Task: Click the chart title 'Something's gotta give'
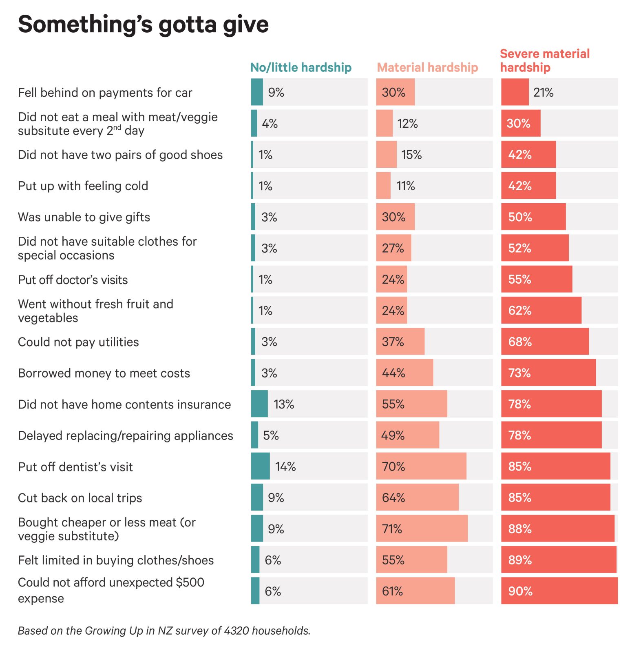point(143,24)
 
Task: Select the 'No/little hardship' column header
point(301,67)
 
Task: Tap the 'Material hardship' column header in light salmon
point(427,67)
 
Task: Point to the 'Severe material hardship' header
point(545,60)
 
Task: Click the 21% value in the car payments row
point(543,93)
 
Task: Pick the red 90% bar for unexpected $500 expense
point(559,591)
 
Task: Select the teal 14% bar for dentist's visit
point(260,466)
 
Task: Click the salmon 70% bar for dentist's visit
point(421,466)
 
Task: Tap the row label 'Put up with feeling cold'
point(83,186)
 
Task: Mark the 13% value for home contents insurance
point(284,404)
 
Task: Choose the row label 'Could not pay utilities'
point(78,342)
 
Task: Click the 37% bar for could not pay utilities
point(400,342)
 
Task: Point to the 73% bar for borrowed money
point(548,373)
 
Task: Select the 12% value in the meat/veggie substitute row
point(407,124)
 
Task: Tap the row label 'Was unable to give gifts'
point(84,217)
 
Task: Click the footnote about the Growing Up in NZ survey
point(164,631)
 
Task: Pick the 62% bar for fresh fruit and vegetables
point(541,311)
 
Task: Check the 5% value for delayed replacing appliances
point(271,435)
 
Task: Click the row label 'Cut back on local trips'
point(80,498)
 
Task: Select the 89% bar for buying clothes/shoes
point(559,560)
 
